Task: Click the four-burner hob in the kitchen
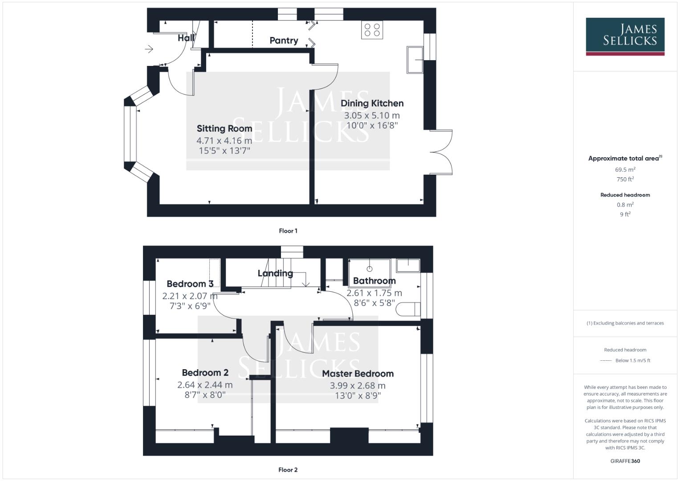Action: click(x=372, y=30)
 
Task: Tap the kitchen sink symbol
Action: click(x=415, y=59)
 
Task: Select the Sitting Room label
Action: click(x=224, y=129)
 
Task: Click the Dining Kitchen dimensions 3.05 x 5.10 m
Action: click(x=372, y=115)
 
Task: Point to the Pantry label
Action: click(x=284, y=41)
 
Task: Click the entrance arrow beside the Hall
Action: click(x=149, y=49)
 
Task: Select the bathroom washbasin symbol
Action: click(x=408, y=266)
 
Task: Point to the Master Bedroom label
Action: click(x=358, y=374)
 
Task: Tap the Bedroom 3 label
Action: click(x=190, y=284)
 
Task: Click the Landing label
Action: click(x=275, y=273)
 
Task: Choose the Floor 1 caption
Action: click(x=288, y=231)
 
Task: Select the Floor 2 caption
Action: click(x=288, y=469)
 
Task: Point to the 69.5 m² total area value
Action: click(x=625, y=170)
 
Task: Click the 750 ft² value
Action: click(x=625, y=179)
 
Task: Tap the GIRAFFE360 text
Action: click(x=625, y=461)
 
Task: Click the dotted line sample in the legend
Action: click(x=606, y=361)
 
